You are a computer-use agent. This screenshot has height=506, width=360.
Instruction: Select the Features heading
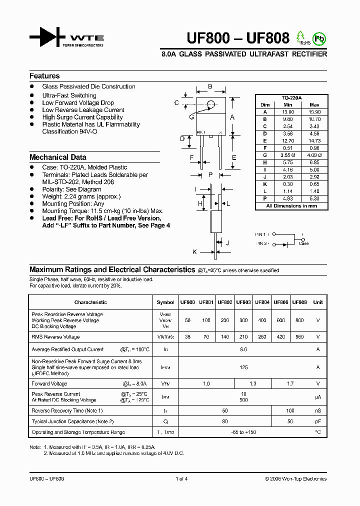pos(44,76)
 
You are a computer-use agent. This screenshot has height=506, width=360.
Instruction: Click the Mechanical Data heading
pos(57,157)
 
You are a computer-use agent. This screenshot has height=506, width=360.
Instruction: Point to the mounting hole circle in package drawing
pos(211,104)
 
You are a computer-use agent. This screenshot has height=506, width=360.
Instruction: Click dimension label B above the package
pos(210,86)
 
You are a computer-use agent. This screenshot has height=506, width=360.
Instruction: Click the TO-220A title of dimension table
pos(291,98)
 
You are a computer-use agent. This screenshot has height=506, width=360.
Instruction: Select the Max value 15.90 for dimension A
pos(314,112)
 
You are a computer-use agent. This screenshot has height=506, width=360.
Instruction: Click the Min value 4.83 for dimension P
pos(287,198)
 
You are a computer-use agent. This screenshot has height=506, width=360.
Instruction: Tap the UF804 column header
pos(262,302)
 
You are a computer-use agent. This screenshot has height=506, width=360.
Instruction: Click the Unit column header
pos(317,302)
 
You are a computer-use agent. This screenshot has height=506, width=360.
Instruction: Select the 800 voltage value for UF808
pos(299,320)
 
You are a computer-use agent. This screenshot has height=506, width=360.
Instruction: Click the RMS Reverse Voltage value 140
pos(225,337)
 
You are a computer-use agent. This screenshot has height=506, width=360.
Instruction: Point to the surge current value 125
pos(243,367)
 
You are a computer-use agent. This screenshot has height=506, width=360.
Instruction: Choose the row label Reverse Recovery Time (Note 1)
pos(67,410)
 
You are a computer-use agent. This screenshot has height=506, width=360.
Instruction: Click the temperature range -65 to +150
pos(243,432)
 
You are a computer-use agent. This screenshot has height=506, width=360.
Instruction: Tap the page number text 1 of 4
pos(181,478)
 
